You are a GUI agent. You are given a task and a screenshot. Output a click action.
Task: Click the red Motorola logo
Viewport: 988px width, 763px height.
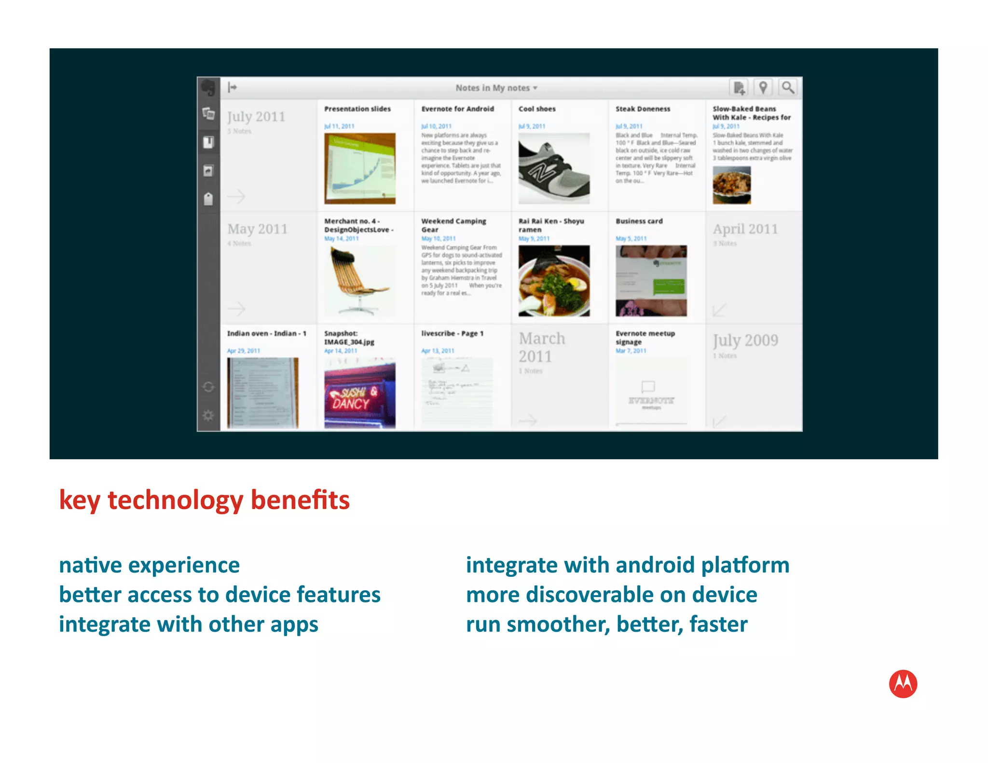click(x=903, y=684)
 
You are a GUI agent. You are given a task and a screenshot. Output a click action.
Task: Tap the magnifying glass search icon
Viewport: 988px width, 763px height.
click(x=787, y=88)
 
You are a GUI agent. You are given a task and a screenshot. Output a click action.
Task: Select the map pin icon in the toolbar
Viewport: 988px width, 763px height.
click(x=763, y=88)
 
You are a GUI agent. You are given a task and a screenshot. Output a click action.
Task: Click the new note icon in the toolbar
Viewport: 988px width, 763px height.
click(x=739, y=88)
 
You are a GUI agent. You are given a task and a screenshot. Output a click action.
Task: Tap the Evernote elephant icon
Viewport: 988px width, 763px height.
click(x=208, y=88)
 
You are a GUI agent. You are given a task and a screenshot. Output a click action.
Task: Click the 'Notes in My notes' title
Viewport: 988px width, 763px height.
click(x=496, y=88)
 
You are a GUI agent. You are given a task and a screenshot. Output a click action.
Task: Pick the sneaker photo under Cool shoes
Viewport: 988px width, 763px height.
click(x=554, y=169)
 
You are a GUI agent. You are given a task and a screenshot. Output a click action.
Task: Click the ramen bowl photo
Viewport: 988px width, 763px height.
click(x=554, y=281)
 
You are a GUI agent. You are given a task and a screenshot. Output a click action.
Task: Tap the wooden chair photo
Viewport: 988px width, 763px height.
click(x=359, y=281)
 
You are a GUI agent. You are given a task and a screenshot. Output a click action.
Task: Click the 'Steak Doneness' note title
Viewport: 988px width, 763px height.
click(x=643, y=109)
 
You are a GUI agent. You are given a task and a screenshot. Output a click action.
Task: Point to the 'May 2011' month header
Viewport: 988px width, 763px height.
click(x=257, y=229)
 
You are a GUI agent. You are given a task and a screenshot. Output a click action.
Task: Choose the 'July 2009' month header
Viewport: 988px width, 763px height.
click(x=745, y=341)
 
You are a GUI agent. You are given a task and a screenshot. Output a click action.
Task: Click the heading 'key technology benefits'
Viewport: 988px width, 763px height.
click(x=204, y=500)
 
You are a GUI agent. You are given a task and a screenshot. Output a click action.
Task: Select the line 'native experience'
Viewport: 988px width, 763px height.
click(x=149, y=565)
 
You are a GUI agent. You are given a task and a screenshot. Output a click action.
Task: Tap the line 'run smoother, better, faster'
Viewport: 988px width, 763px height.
click(x=606, y=625)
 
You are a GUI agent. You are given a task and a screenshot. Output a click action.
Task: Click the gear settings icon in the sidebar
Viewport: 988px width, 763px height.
click(x=208, y=415)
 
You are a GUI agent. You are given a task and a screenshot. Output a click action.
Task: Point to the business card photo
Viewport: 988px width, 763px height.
click(x=651, y=281)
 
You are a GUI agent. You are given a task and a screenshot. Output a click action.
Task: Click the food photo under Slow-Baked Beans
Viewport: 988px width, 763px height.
click(x=731, y=185)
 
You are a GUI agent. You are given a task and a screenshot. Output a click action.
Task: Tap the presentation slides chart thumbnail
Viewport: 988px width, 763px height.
click(x=359, y=169)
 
